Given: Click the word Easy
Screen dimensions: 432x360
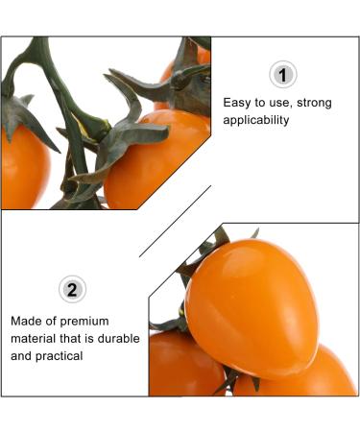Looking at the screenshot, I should click(x=238, y=102).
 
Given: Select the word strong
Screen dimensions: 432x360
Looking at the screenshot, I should click(x=317, y=102).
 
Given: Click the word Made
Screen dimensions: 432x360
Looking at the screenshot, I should click(x=28, y=321).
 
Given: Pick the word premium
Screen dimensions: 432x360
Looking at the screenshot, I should click(x=86, y=321).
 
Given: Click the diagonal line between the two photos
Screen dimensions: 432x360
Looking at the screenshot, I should click(x=176, y=220).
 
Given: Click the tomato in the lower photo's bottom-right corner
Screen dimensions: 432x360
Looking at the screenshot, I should click(x=307, y=374).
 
